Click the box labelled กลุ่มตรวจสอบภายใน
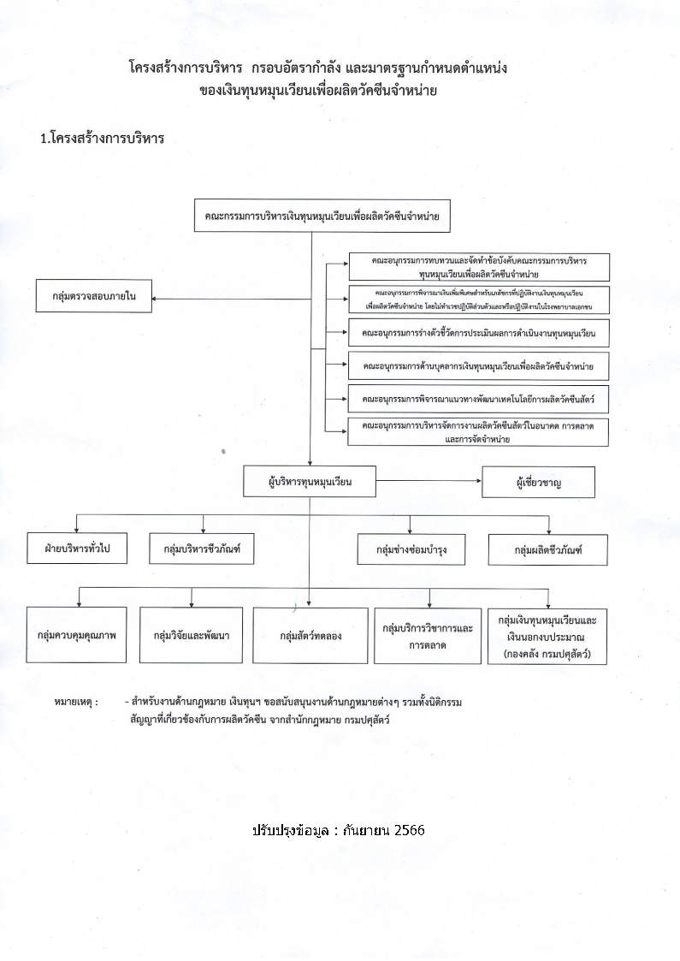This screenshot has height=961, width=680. click(93, 297)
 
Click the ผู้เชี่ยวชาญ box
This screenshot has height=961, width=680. click(539, 483)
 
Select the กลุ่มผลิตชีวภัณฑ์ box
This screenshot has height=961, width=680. click(547, 549)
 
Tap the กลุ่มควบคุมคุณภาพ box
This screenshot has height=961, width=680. click(76, 636)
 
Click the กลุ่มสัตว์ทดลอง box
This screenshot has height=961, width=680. click(310, 636)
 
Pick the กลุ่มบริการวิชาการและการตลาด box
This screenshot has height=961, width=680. click(428, 636)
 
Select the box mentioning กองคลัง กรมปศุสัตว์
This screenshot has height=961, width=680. click(547, 636)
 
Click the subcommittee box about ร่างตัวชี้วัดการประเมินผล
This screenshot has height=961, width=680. click(477, 331)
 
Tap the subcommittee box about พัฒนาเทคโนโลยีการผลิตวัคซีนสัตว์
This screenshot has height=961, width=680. click(477, 399)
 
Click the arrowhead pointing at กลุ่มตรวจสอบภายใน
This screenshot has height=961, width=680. click(155, 298)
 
